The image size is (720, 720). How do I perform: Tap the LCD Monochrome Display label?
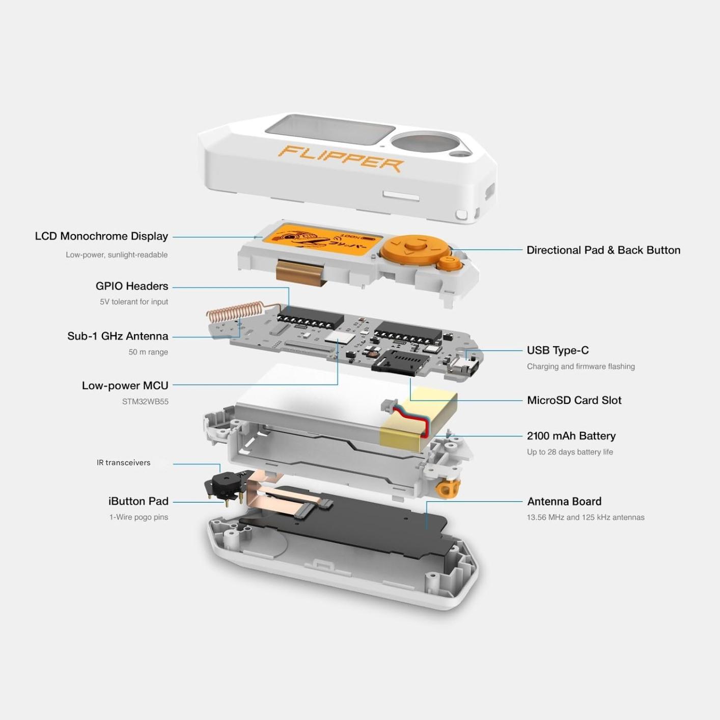101,236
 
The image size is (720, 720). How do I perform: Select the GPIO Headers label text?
132,286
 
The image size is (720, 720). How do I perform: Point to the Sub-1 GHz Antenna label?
118,336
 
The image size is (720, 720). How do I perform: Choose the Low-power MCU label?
125,385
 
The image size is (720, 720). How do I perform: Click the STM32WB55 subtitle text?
145,402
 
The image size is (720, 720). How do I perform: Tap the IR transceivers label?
123,462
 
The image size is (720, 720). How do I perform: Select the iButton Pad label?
138,501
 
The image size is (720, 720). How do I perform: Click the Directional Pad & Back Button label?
603,251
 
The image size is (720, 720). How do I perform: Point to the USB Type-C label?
558,350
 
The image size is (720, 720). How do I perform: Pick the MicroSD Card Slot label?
574,401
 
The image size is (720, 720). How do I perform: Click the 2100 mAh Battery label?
571,436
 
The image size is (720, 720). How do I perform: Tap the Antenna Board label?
564,502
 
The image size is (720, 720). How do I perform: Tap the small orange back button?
450,262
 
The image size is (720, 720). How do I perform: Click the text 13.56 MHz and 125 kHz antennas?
586,517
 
